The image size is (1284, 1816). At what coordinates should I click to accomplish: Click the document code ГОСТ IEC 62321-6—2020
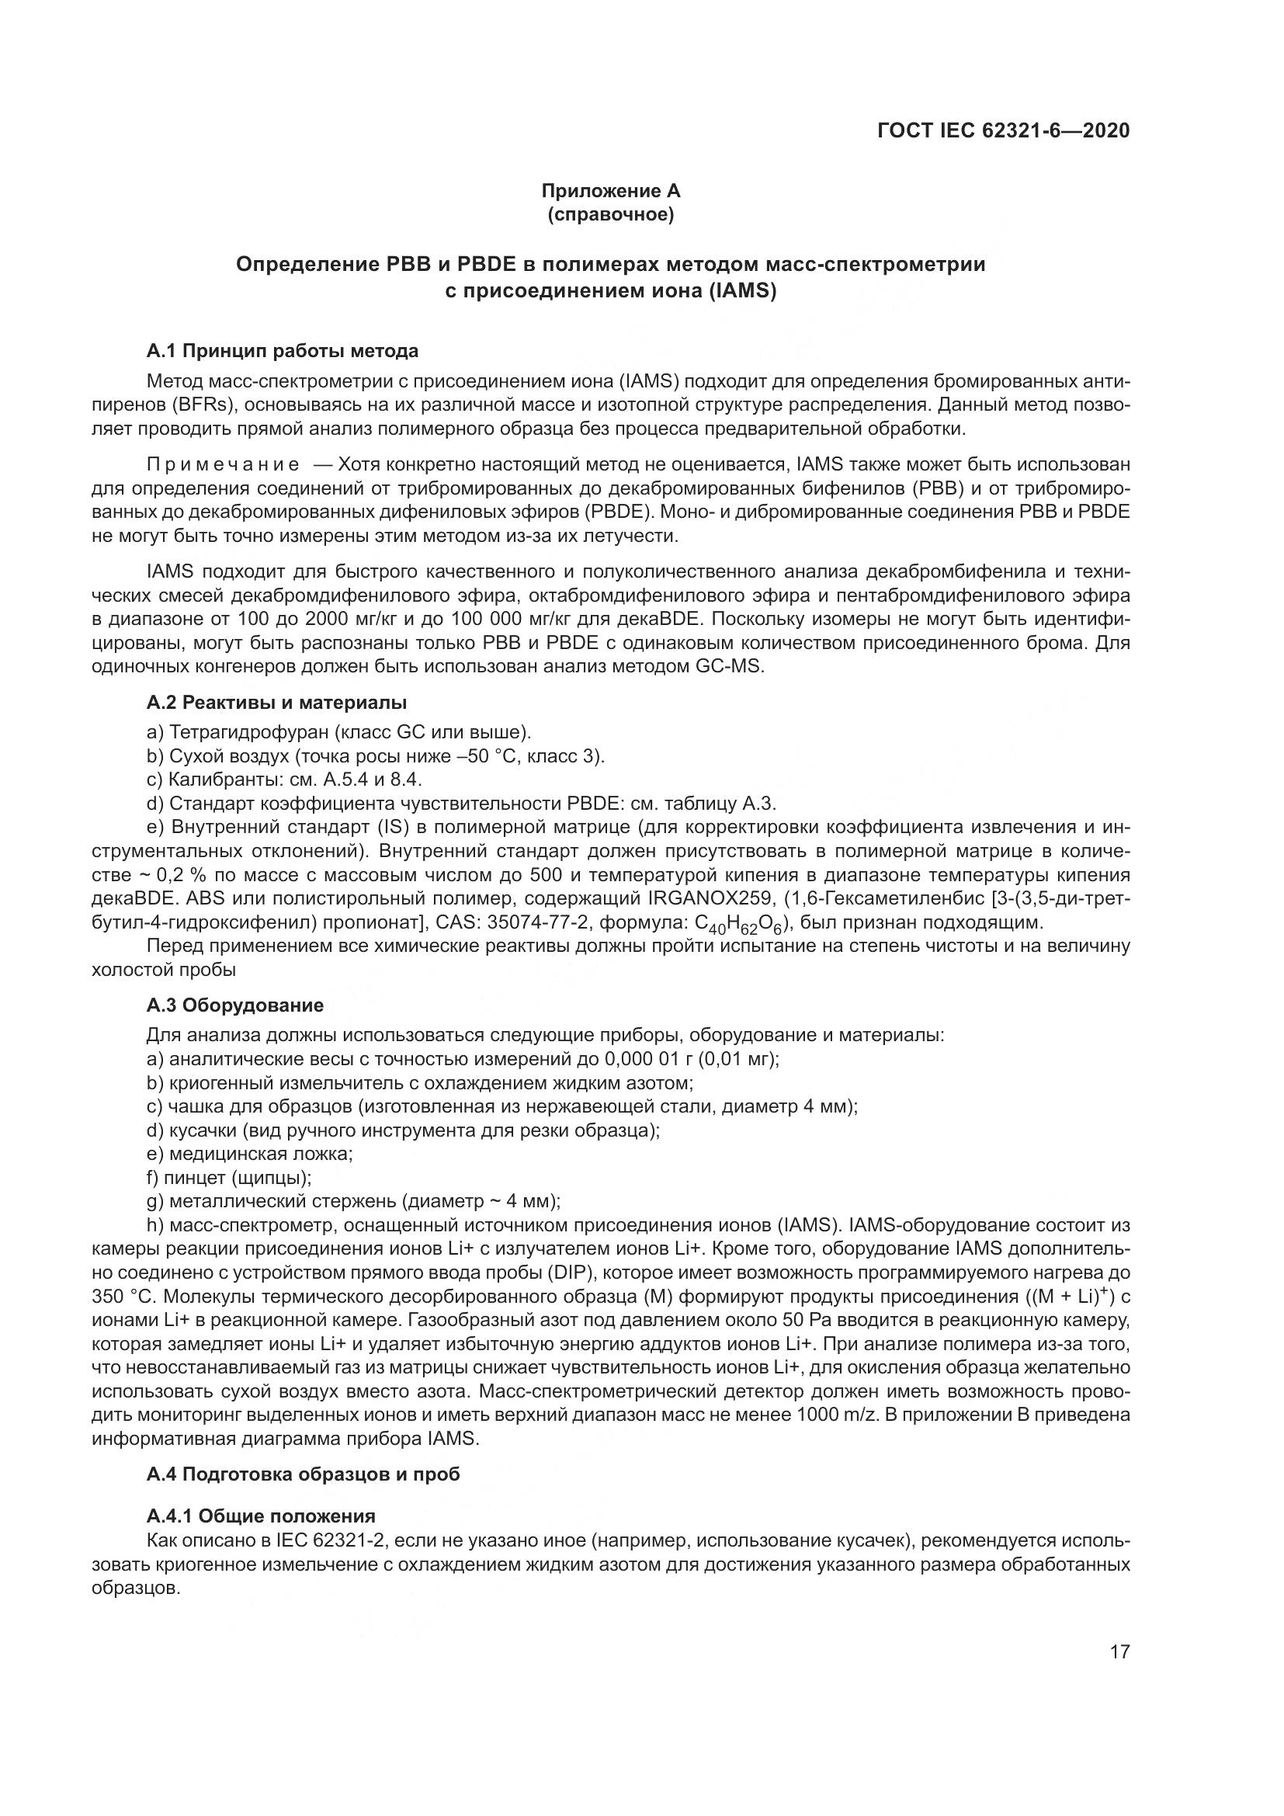pos(1003,130)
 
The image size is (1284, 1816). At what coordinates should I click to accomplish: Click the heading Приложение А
pos(610,191)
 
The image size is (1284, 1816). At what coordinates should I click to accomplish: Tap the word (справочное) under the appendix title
pos(610,215)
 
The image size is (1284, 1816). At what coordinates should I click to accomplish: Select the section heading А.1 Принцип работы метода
pos(283,350)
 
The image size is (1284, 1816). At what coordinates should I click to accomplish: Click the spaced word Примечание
pos(223,464)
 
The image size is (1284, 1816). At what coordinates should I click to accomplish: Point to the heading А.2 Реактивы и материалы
pos(276,703)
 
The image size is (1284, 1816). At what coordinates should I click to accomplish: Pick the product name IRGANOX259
pos(710,898)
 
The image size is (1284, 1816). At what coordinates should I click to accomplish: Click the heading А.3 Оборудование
pos(234,1006)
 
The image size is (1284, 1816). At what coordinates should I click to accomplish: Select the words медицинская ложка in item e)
pos(261,1154)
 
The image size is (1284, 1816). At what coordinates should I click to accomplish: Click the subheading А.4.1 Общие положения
pos(261,1516)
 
